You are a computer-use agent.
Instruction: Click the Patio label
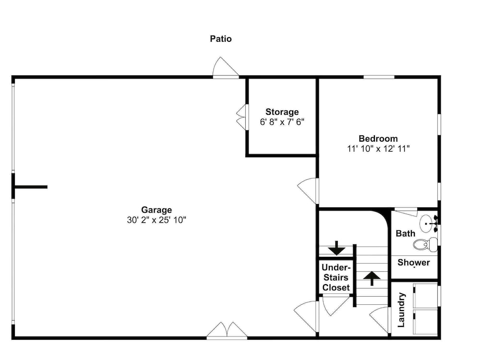coord(221,39)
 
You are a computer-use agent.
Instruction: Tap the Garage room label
coord(156,210)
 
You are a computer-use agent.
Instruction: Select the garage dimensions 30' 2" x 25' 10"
coord(156,220)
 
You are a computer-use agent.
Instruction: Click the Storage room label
coord(282,112)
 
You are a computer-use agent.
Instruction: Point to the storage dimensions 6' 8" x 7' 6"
coord(282,122)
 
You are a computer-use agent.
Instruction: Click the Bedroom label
coord(378,138)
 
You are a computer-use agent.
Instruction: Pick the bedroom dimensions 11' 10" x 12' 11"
coord(378,148)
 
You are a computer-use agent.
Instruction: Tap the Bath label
coord(405,233)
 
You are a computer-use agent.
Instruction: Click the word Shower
coord(414,263)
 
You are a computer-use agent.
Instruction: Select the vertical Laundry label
coord(401,310)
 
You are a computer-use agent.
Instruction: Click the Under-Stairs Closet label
coord(336,277)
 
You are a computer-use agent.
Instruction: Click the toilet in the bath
coord(425,244)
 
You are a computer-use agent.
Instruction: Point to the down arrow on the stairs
coord(336,248)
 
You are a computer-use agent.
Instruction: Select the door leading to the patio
coord(226,67)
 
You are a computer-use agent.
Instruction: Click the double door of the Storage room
coord(241,117)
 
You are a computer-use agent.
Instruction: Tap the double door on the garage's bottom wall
coord(227,330)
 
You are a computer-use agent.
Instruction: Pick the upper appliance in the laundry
coord(425,296)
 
